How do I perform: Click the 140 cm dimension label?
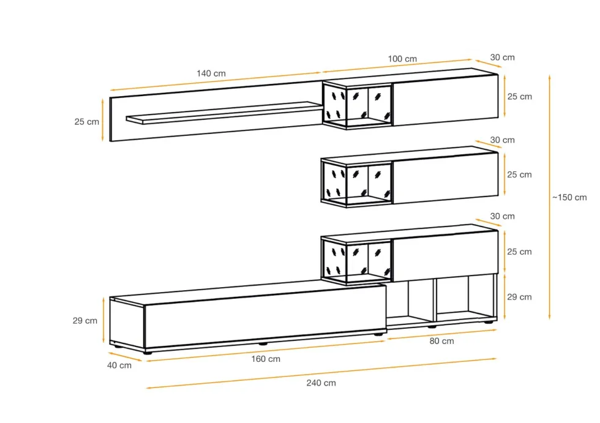[x=211, y=73]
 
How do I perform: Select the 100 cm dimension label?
[x=402, y=59]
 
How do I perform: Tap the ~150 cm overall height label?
[x=569, y=197]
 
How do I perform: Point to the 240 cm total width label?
[x=321, y=383]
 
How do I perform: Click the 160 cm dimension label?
[x=266, y=359]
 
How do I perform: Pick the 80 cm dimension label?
[x=441, y=341]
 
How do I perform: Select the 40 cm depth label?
[x=119, y=365]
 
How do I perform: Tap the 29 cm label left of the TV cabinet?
[x=85, y=321]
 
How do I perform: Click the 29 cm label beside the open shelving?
[x=519, y=297]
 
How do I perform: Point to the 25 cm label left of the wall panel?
[x=86, y=122]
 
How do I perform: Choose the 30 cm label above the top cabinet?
[x=503, y=58]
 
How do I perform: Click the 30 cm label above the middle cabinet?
[x=503, y=140]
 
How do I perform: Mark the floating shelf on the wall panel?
[x=224, y=113]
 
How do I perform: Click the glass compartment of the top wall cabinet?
[x=358, y=105]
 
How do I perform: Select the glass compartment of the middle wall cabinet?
[x=356, y=184]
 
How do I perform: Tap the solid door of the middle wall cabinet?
[x=446, y=178]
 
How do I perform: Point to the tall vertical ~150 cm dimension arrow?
[x=550, y=197]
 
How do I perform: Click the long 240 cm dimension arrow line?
[x=321, y=373]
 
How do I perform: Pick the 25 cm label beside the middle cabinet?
[x=519, y=175]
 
